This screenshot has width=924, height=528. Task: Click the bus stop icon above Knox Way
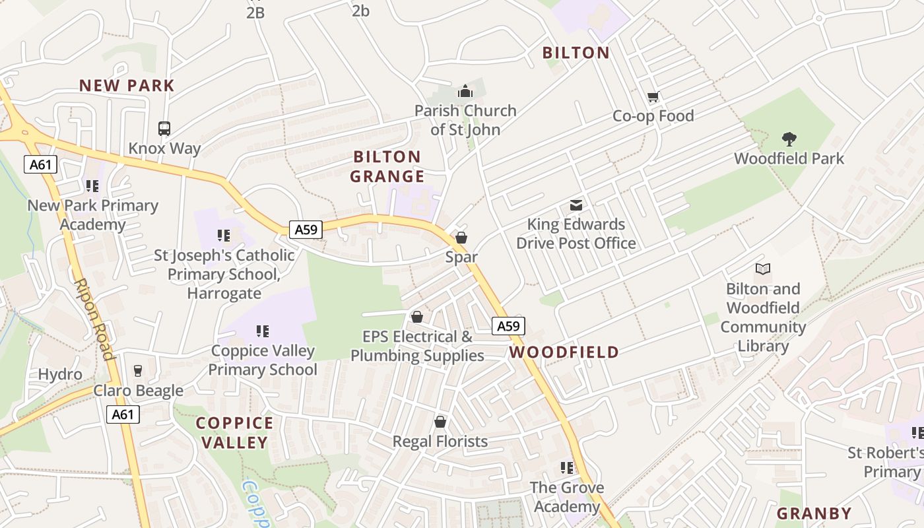click(x=164, y=129)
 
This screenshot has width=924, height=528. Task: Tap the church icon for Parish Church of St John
click(x=465, y=91)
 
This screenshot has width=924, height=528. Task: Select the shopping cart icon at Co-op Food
click(x=653, y=97)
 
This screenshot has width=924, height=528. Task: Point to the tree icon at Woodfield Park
click(x=789, y=139)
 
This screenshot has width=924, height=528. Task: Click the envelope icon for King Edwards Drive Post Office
click(x=576, y=205)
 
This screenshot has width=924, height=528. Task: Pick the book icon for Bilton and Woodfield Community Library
click(x=763, y=269)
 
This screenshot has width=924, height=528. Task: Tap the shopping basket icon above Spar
click(x=461, y=238)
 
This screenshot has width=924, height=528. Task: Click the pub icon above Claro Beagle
click(x=138, y=371)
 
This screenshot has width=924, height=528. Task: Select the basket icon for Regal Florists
click(x=440, y=422)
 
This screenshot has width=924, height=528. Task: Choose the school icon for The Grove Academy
click(x=567, y=468)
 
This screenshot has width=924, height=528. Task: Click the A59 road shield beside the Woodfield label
click(x=508, y=326)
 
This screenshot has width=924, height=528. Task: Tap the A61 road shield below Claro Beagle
click(x=123, y=414)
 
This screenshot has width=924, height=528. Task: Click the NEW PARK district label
click(x=127, y=85)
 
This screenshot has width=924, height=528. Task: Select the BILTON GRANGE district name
click(x=387, y=166)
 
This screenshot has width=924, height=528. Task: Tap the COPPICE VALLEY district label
click(x=235, y=432)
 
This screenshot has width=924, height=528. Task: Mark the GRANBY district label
click(x=814, y=513)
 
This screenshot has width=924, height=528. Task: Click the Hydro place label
click(x=60, y=374)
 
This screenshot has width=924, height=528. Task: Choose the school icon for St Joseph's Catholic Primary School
click(x=224, y=236)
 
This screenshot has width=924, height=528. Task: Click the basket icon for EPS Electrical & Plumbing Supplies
click(x=417, y=317)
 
